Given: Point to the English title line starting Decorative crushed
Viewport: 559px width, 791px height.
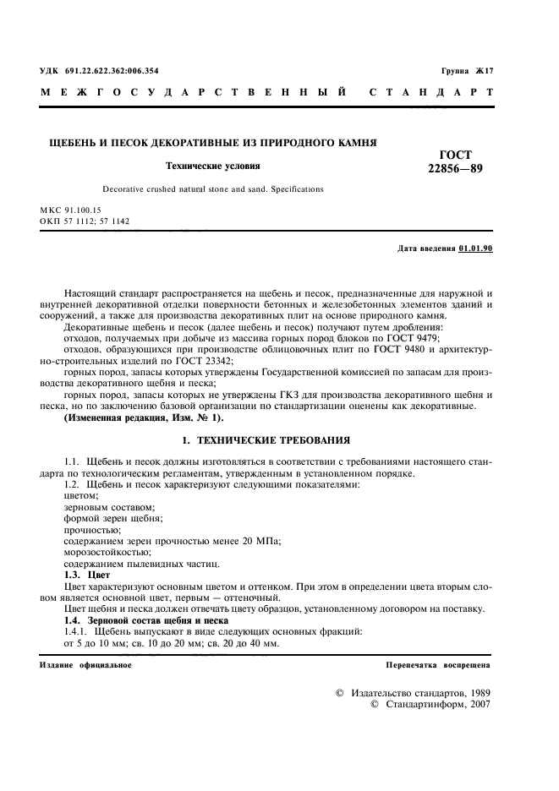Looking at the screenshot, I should [x=212, y=189].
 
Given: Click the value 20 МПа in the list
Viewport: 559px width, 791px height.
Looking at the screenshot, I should [x=262, y=539].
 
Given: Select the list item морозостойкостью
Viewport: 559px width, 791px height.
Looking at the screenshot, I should [x=102, y=551].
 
